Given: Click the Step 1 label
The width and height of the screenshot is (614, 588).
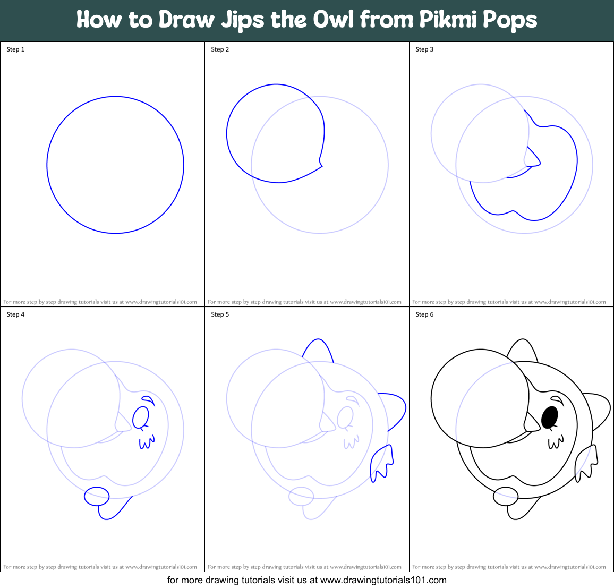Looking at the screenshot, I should (x=15, y=49).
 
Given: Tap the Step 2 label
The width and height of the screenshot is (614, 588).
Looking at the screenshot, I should (x=220, y=49).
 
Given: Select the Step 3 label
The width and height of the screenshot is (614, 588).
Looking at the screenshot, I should (x=424, y=49).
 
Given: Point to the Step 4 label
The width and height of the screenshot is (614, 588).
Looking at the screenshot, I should (x=15, y=314).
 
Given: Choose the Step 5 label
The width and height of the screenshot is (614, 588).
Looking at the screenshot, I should (x=220, y=314).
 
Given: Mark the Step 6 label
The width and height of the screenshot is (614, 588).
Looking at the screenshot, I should (x=424, y=314).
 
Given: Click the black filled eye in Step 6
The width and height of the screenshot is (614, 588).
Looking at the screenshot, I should (x=549, y=417).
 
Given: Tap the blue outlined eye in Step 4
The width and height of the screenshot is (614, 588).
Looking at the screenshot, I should (x=140, y=417).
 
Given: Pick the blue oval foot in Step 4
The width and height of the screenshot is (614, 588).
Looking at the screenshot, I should (x=97, y=497).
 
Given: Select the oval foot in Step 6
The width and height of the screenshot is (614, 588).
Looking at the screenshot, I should (x=506, y=497).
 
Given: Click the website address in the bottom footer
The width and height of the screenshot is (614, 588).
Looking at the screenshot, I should (x=383, y=580).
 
